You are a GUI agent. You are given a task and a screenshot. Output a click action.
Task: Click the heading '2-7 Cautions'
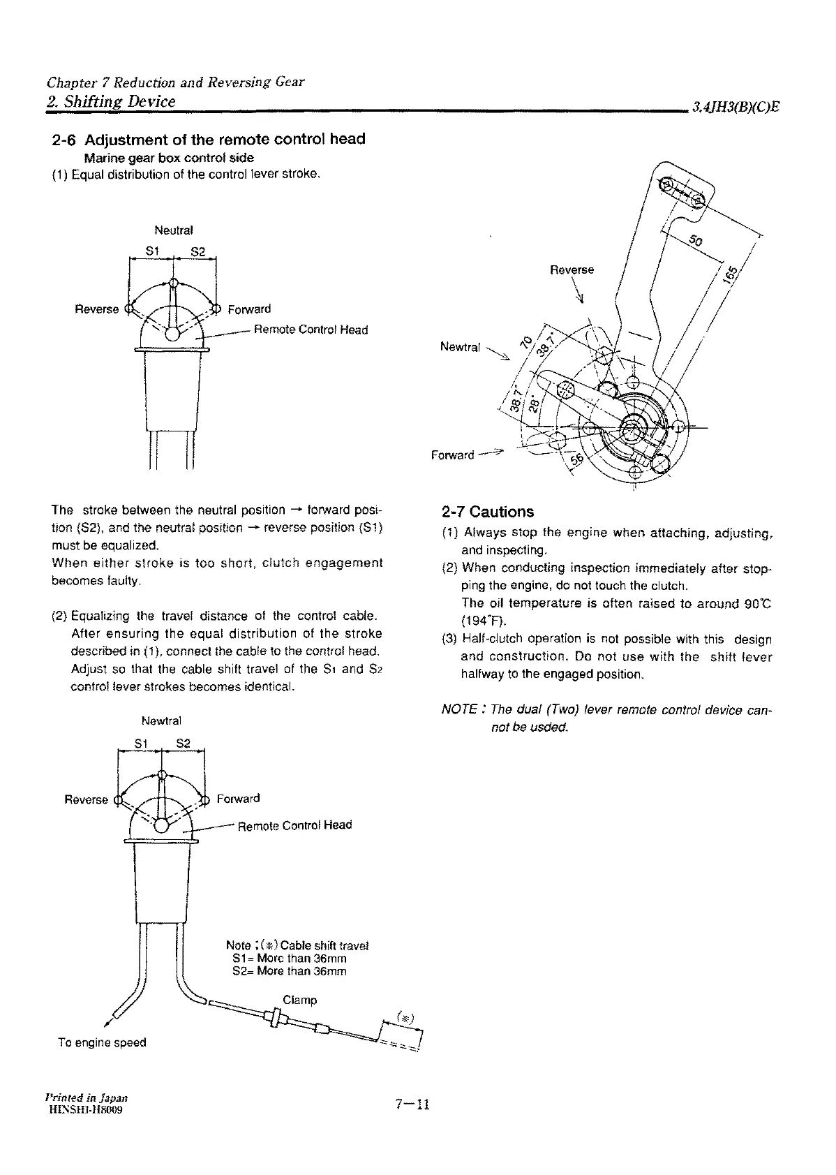coord(488,512)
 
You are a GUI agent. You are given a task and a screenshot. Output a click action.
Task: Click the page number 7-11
coord(412,1104)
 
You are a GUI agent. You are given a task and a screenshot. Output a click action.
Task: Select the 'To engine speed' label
coord(102,1042)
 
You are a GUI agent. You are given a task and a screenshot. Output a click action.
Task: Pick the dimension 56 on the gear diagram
coord(579,459)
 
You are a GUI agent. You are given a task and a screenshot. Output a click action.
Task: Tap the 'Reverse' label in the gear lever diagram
coord(572,269)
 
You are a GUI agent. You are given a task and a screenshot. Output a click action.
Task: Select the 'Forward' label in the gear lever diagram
coord(452,455)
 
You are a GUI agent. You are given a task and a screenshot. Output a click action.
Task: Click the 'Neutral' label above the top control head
coord(173,230)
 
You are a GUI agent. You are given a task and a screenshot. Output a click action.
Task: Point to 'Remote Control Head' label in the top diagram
coord(310,330)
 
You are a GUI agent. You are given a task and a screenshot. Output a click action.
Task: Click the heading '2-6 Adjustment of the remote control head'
coord(209,139)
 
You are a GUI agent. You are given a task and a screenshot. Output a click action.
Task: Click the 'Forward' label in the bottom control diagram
coord(238,798)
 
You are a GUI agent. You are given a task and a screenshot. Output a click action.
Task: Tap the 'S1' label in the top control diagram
coord(152,251)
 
